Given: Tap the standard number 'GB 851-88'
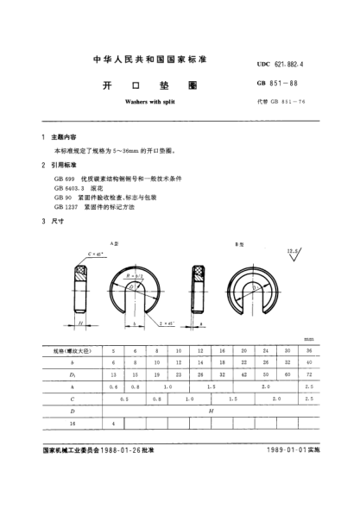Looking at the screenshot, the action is [274, 85].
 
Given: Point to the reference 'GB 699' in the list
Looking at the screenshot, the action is [63, 178].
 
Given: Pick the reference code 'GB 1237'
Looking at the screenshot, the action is [66, 206].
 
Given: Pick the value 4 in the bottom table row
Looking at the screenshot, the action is [113, 425].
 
